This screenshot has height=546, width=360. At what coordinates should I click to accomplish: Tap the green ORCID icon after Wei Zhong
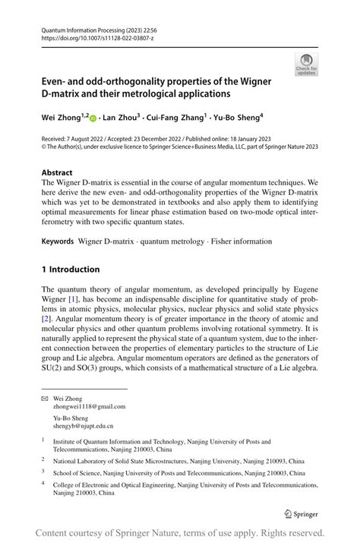coord(93,118)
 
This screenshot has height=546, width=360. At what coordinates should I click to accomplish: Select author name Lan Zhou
coord(123,118)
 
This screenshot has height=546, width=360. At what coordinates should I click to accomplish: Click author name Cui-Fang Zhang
coord(179,118)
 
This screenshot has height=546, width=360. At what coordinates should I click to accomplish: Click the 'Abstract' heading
coord(57,172)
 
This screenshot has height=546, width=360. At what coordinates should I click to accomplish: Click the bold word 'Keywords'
coord(58,241)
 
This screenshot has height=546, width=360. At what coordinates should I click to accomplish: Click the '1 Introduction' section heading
coord(71,269)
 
